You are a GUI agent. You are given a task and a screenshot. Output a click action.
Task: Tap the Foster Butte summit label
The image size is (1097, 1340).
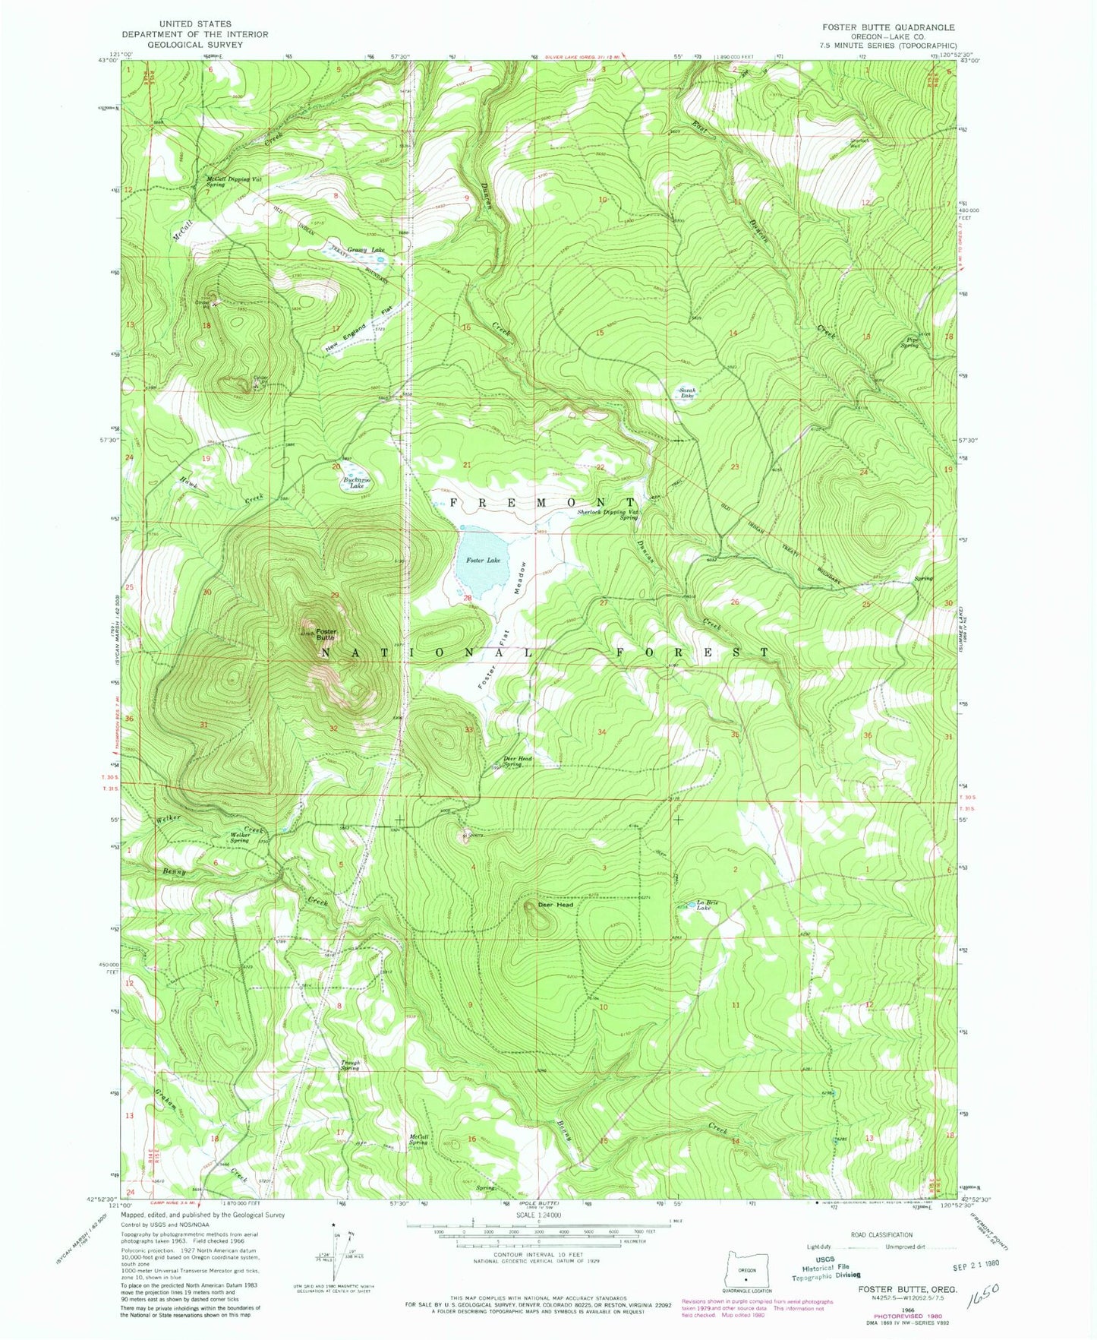pyautogui.click(x=326, y=634)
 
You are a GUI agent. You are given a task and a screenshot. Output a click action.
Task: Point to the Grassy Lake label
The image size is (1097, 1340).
pyautogui.click(x=367, y=249)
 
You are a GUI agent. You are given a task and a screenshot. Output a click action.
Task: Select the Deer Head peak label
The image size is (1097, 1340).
pyautogui.click(x=555, y=905)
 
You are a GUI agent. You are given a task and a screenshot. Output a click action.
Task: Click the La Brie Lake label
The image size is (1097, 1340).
pyautogui.click(x=707, y=905)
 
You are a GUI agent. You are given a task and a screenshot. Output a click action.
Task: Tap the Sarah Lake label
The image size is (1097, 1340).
pyautogui.click(x=687, y=393)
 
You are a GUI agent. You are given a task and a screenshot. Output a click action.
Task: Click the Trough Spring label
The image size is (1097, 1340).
pyautogui.click(x=349, y=1065)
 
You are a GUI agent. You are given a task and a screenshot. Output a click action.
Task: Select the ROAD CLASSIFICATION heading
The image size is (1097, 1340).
pyautogui.click(x=881, y=1234)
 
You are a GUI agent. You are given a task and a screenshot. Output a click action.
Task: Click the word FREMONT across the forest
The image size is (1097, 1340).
pyautogui.click(x=542, y=503)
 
